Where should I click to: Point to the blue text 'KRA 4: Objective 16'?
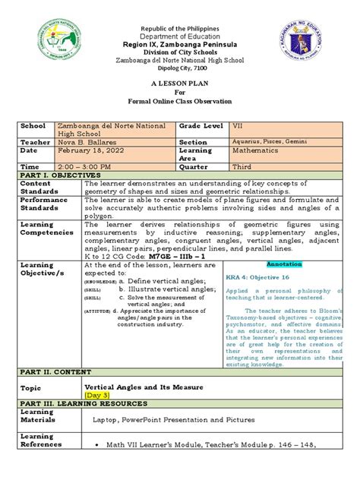click(261, 279)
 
